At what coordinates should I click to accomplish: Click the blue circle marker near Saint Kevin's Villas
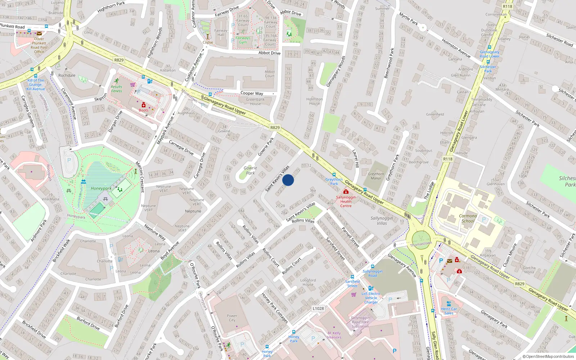[288, 180]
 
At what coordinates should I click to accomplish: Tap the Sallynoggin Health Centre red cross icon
[346, 192]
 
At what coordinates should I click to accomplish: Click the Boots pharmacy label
[144, 110]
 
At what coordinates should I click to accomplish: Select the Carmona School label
[468, 219]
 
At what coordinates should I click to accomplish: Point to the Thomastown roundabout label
[421, 244]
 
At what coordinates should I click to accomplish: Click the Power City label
[232, 318]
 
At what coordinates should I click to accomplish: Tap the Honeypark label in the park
[101, 188]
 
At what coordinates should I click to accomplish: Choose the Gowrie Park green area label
[250, 171]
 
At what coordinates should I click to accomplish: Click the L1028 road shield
[318, 309]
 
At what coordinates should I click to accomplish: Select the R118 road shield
[448, 159]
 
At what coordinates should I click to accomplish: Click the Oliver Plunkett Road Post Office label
[39, 45]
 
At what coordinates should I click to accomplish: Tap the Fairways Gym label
[243, 40]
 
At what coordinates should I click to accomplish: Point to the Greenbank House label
[256, 102]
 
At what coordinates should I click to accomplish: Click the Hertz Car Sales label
[449, 311]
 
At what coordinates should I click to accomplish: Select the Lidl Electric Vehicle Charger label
[371, 298]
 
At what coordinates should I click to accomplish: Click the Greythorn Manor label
[376, 176]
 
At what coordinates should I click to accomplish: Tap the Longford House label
[308, 282]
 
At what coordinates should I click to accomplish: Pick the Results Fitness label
[117, 89]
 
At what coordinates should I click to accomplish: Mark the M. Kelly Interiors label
[334, 335]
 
